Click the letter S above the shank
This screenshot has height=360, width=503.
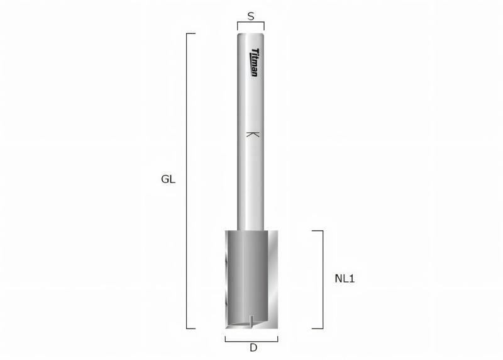(251, 17)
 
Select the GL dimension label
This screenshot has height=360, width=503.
(168, 179)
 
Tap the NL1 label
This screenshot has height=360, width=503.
(344, 278)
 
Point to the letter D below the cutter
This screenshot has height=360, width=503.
(253, 347)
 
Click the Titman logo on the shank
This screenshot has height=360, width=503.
(254, 62)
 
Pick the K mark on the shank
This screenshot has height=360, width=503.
(252, 134)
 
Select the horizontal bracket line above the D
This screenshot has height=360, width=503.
(251, 337)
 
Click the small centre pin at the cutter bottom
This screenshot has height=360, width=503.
(251, 320)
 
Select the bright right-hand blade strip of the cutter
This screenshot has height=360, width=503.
(273, 277)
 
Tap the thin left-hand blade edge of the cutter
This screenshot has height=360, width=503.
(227, 277)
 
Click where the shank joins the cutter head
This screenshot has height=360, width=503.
(251, 230)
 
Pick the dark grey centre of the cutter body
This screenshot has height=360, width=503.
(248, 277)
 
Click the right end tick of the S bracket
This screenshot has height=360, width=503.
(264, 25)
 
